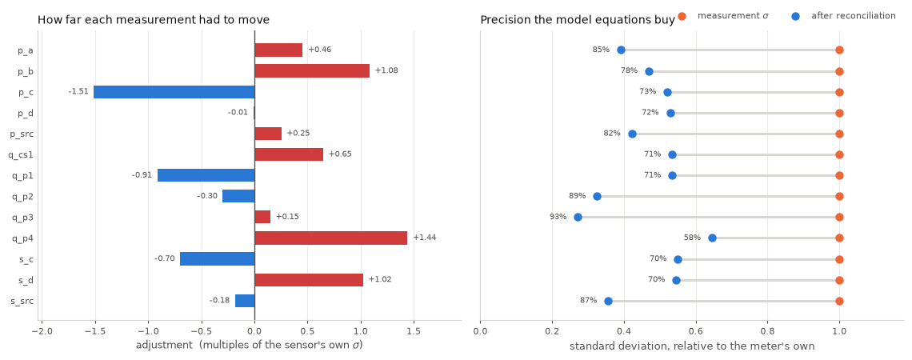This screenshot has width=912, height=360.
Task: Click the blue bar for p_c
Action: click(174, 92)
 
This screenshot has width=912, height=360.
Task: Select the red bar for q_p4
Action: click(331, 238)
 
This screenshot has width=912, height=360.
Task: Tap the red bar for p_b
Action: click(312, 71)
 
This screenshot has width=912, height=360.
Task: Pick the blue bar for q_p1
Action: click(206, 175)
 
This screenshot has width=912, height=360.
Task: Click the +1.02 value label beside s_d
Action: click(380, 279)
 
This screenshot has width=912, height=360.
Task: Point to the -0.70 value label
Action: click(165, 258)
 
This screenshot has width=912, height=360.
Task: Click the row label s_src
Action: click(22, 301)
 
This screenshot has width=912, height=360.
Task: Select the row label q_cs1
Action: click(21, 154)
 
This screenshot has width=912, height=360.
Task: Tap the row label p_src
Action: click(22, 134)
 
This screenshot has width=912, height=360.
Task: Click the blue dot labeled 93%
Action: click(578, 217)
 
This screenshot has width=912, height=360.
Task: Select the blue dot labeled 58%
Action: click(712, 238)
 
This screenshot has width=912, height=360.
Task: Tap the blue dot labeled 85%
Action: click(621, 50)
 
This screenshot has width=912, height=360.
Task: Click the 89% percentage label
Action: click(577, 196)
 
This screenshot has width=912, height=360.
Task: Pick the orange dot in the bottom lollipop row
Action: click(839, 301)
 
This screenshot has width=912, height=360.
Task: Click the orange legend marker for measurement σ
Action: click(682, 16)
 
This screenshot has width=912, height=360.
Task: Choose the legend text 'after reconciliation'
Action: click(854, 16)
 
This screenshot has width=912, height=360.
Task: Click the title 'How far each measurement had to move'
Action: click(154, 20)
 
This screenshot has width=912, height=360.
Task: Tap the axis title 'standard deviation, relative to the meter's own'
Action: click(692, 346)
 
